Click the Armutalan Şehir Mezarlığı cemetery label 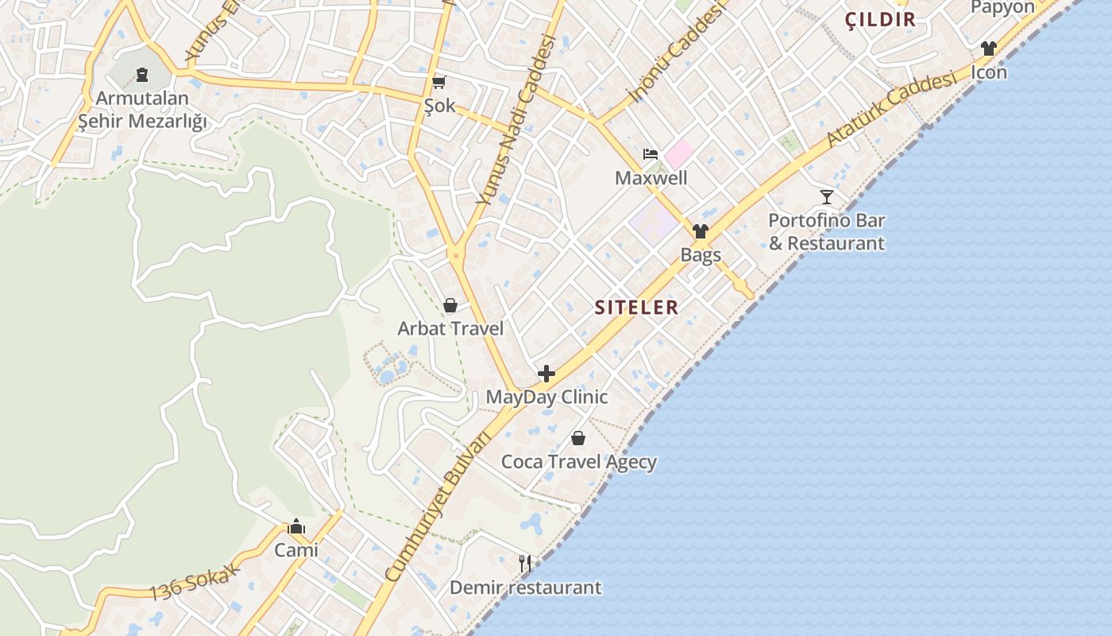(142, 110)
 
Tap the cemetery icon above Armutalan (142, 75)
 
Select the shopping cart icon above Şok (439, 82)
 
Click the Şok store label (439, 106)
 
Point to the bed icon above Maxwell (651, 154)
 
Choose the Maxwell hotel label (651, 178)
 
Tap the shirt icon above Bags (700, 231)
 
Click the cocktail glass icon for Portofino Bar (827, 196)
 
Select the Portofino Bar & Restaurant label (826, 231)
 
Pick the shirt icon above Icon (988, 48)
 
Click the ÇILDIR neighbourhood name (881, 20)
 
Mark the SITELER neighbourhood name (636, 308)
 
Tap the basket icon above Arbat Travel (450, 305)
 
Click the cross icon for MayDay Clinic (546, 373)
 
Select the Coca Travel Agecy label (578, 462)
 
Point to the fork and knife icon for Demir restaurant (524, 564)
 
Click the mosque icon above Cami (296, 526)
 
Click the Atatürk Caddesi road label (890, 111)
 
